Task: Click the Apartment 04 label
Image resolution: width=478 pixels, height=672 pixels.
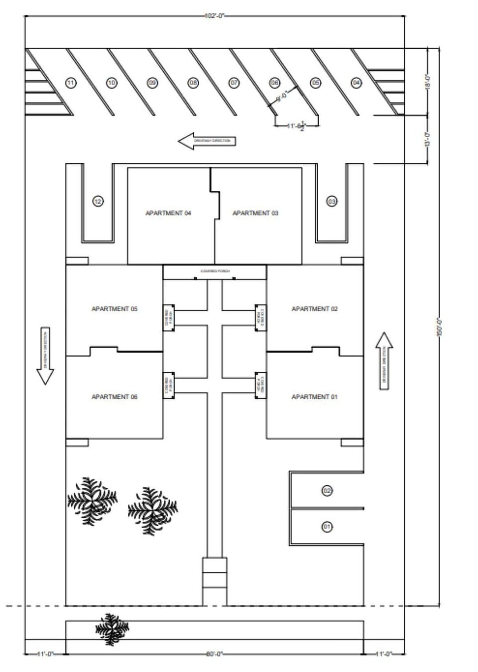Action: (x=168, y=213)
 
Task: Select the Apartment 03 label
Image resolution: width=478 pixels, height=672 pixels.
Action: (x=255, y=213)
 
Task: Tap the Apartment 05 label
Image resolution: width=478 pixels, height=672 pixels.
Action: (x=115, y=309)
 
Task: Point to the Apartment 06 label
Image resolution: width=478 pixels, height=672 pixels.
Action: (x=115, y=397)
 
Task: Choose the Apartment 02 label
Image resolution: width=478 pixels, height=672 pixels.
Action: (x=315, y=309)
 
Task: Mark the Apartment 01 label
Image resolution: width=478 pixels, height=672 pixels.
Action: (x=315, y=397)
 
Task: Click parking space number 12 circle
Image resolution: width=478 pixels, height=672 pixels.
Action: (x=98, y=201)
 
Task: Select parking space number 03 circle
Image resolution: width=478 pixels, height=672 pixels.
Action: (x=332, y=201)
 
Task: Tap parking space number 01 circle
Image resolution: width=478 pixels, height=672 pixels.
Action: (x=327, y=527)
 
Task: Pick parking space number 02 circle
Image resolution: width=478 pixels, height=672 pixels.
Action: (x=327, y=491)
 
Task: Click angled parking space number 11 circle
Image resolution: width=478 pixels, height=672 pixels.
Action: (x=71, y=83)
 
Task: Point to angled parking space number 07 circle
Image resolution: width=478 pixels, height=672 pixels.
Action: (x=234, y=83)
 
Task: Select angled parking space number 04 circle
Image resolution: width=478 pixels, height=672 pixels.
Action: (x=357, y=83)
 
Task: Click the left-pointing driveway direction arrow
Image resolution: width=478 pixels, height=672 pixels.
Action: (x=207, y=141)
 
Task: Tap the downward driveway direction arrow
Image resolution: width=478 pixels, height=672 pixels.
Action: (x=45, y=356)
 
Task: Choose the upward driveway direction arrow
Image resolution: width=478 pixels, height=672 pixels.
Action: (x=384, y=361)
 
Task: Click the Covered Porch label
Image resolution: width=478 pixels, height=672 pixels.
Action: (x=215, y=271)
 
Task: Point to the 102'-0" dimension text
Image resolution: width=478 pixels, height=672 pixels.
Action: (x=215, y=16)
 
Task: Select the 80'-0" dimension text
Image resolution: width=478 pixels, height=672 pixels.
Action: (x=215, y=654)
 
